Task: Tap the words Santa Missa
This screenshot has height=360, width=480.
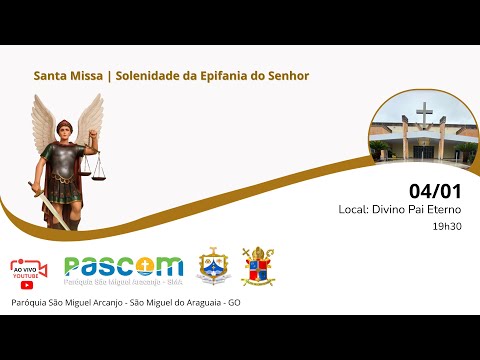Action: click(66, 75)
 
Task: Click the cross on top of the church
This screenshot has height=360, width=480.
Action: click(424, 116)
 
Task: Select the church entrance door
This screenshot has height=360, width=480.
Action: click(425, 152)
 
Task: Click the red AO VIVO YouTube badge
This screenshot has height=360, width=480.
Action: click(30, 270)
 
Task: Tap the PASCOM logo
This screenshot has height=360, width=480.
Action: click(123, 267)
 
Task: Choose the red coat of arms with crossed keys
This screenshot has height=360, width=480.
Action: click(257, 266)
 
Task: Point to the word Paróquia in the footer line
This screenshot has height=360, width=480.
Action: click(30, 302)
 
